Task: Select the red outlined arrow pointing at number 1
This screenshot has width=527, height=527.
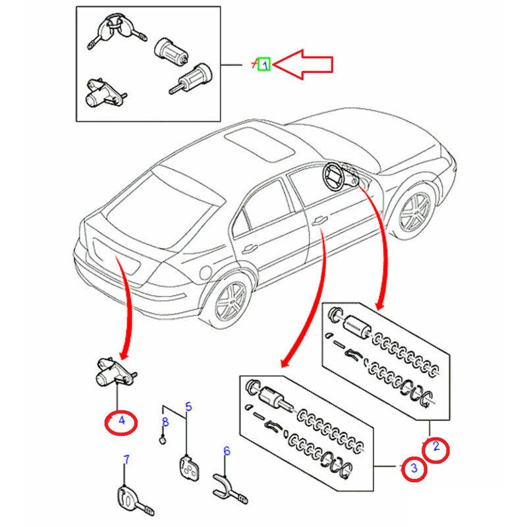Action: [304, 64]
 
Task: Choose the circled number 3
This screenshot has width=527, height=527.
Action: [414, 468]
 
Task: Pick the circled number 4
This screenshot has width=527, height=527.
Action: [121, 420]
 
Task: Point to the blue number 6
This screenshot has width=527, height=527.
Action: [227, 451]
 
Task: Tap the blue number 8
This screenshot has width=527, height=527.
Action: [165, 422]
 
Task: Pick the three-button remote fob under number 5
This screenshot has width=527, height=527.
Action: [189, 469]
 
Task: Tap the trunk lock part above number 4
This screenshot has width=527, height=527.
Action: [113, 371]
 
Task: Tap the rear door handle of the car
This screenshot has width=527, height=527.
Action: [250, 248]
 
